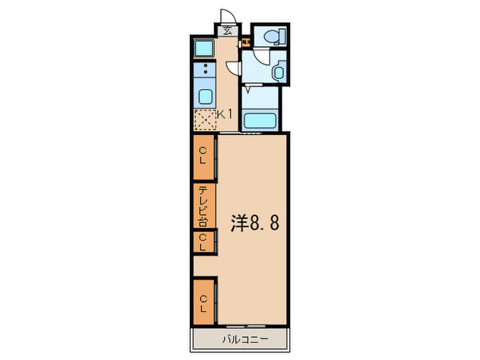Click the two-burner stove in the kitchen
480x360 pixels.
coord(205,69)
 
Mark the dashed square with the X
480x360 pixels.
coord(205,120)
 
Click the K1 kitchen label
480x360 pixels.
coord(226,115)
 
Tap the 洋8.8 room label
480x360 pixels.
coord(254,224)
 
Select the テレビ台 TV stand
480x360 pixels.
coord(204,206)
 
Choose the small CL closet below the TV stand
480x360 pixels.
coord(204,241)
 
